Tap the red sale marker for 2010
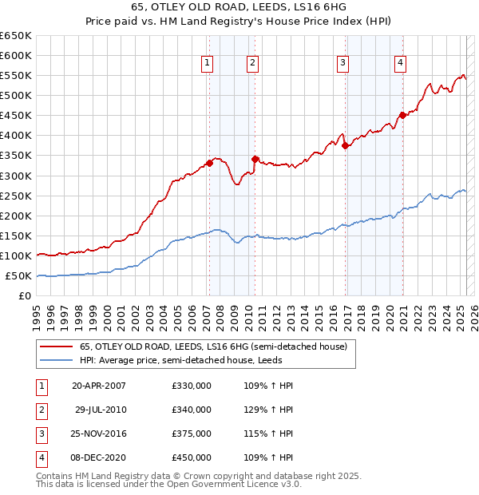(x=255, y=159)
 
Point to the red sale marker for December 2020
(x=402, y=115)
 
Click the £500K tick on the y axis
(x=16, y=95)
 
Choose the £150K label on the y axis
(x=16, y=236)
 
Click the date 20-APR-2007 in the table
(x=99, y=386)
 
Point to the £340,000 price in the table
(x=192, y=410)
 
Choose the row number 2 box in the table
(x=40, y=410)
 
